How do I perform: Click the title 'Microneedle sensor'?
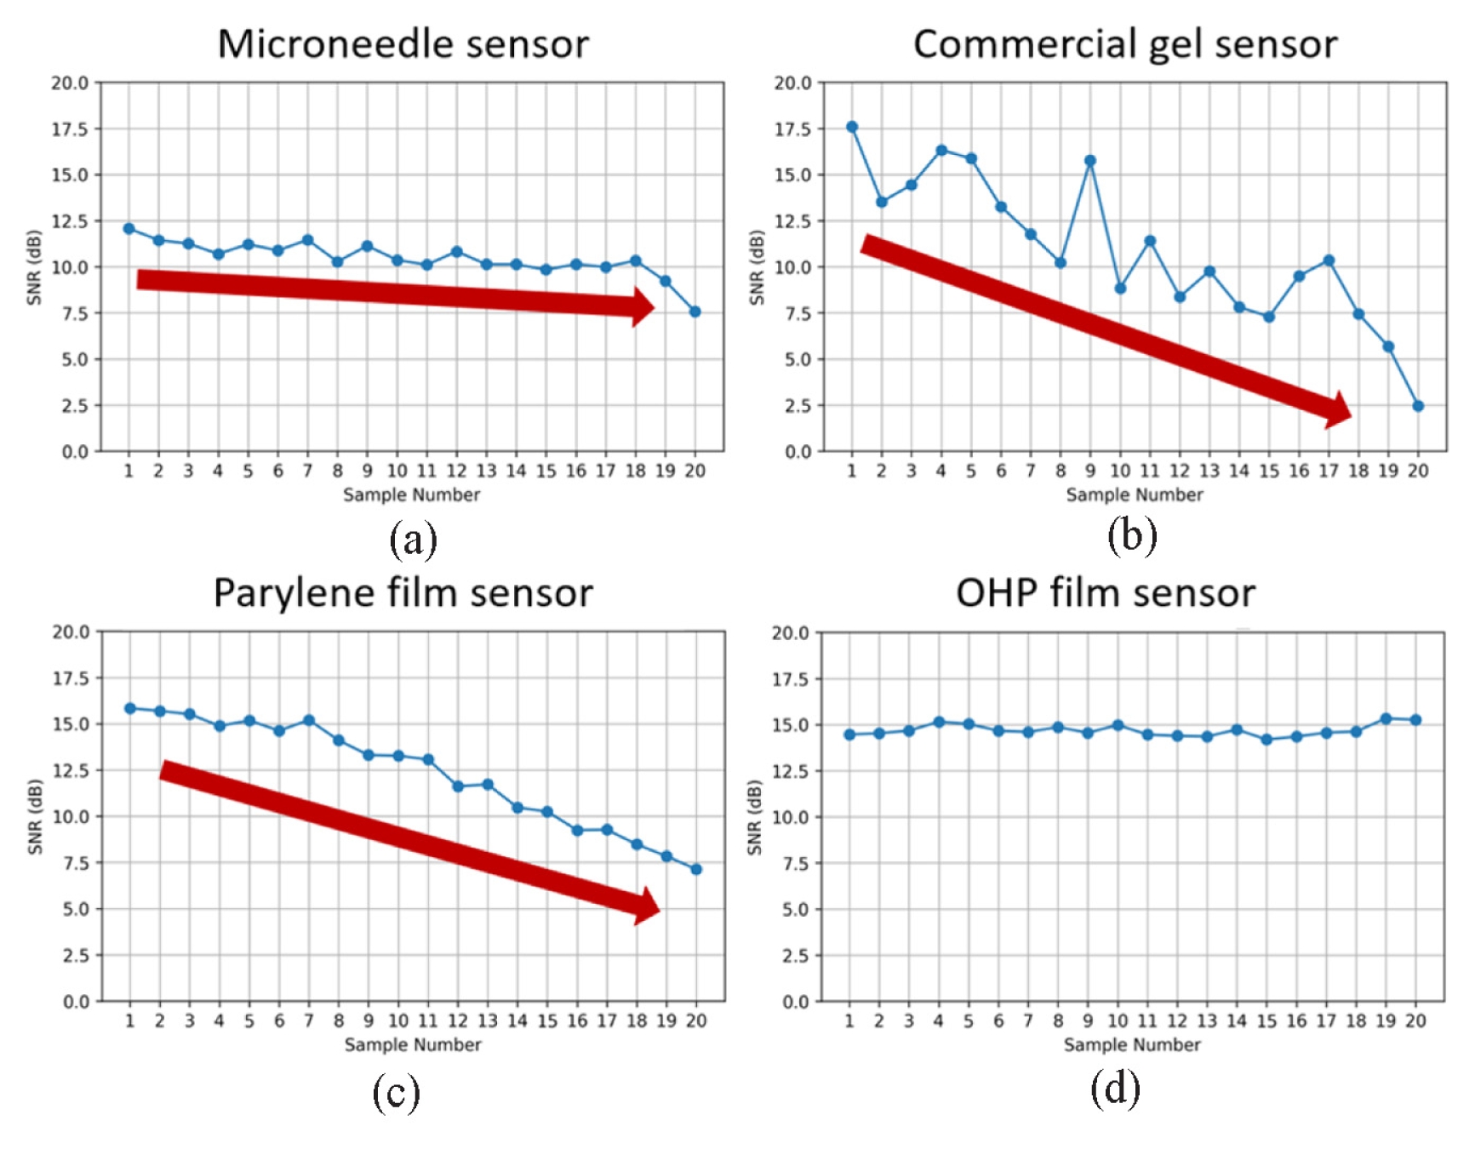[x=403, y=44]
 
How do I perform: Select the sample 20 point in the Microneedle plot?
[x=695, y=312]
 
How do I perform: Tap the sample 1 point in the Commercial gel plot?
[x=852, y=127]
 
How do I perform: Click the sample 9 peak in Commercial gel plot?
[x=1090, y=161]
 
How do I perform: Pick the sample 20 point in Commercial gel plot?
[x=1418, y=406]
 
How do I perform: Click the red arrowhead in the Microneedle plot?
[x=643, y=306]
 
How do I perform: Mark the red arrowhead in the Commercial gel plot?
[x=1339, y=411]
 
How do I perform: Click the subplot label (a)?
[x=413, y=540]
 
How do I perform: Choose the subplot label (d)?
[x=1115, y=1089]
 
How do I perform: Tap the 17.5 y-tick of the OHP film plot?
[x=791, y=679]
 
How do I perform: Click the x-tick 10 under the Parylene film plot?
[x=398, y=1020]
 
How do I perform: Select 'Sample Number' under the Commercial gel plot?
[x=1135, y=494]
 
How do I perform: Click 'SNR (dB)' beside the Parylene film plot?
[x=35, y=816]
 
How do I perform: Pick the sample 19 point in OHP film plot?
[x=1386, y=719]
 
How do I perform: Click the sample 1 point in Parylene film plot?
[x=130, y=708]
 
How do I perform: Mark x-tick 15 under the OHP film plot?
[x=1266, y=1020]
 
